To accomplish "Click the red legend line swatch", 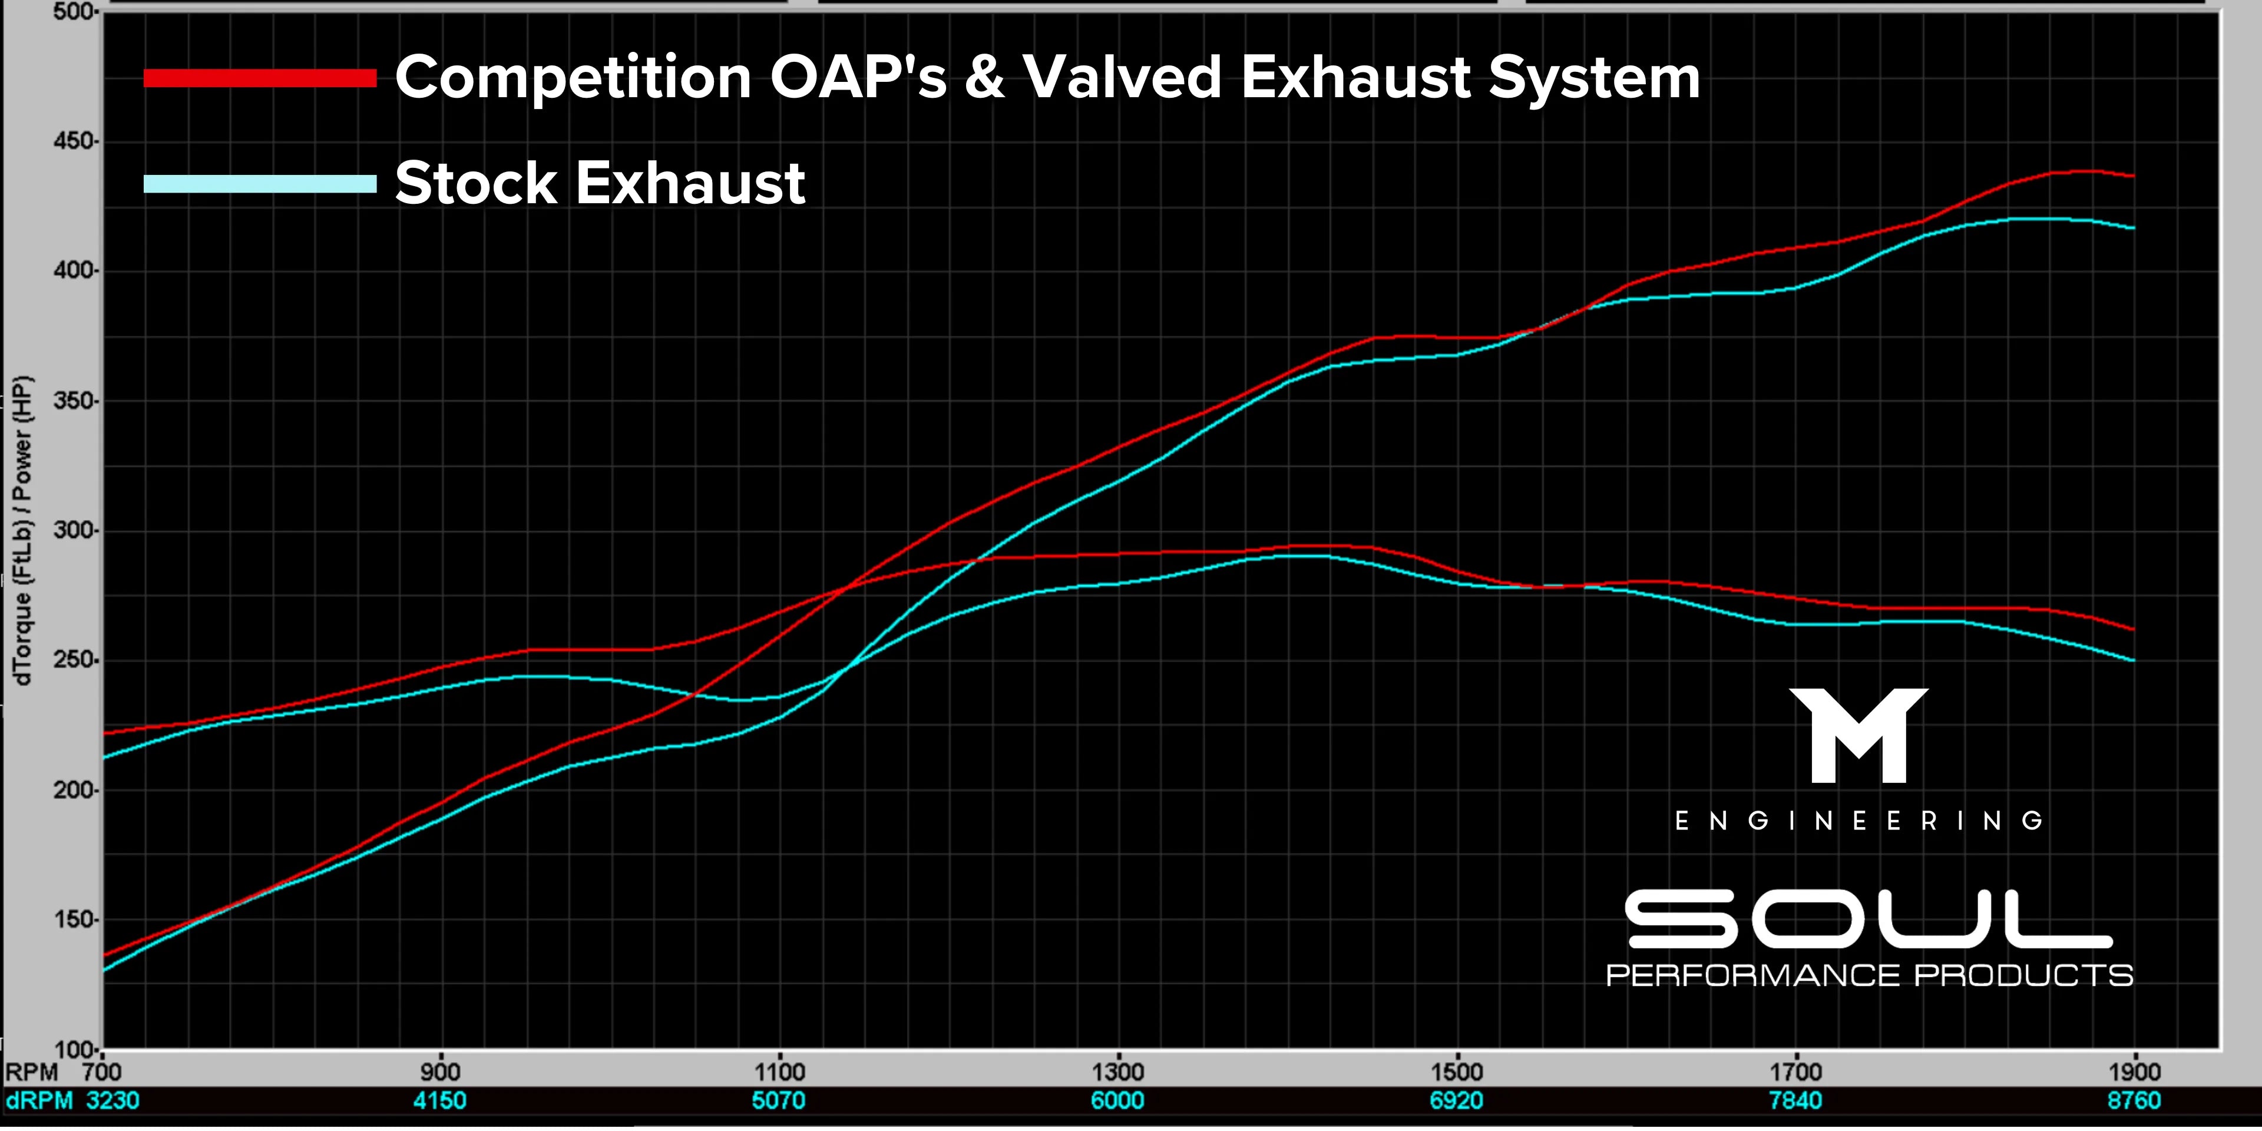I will (260, 79).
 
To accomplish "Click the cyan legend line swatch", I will (260, 184).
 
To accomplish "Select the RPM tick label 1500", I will (1457, 1072).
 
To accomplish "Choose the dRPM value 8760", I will (2134, 1100).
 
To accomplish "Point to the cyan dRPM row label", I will (39, 1100).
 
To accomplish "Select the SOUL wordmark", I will (1868, 920).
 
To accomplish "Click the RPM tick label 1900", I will (2134, 1072).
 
